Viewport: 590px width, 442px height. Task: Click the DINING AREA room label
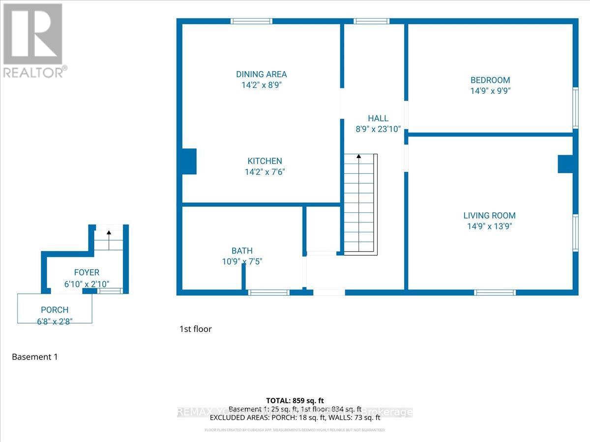point(261,75)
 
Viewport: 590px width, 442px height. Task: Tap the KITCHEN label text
point(265,161)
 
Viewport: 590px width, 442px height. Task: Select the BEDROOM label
point(490,80)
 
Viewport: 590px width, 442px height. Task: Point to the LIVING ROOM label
point(489,215)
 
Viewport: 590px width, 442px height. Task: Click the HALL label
point(378,118)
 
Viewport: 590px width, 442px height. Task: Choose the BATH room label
point(242,251)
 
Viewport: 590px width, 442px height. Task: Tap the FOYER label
point(87,273)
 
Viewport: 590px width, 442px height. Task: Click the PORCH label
point(55,310)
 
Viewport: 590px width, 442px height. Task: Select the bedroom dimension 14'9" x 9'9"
point(490,91)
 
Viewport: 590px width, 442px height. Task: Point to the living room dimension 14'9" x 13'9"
point(489,226)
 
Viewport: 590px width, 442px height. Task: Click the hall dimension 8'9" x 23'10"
point(378,129)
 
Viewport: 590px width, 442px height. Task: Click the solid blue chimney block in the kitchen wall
point(189,162)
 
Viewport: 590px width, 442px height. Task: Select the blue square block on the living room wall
point(565,164)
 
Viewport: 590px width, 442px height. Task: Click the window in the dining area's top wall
point(251,21)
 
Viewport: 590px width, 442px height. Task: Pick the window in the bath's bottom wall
point(268,292)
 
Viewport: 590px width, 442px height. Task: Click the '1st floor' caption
point(195,329)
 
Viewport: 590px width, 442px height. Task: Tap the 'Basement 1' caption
point(34,357)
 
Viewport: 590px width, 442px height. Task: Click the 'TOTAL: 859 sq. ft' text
point(295,401)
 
